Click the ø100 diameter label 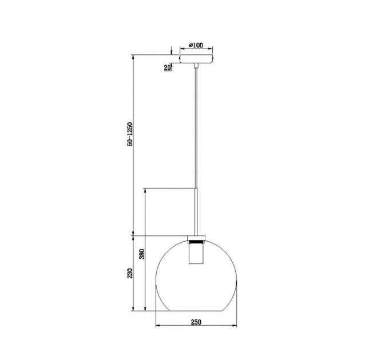196,45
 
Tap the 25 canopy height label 168,67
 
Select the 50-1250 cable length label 130,134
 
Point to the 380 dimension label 142,254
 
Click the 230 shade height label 130,273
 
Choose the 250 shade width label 196,322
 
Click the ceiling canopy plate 196,59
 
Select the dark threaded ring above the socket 196,241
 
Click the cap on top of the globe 196,237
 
